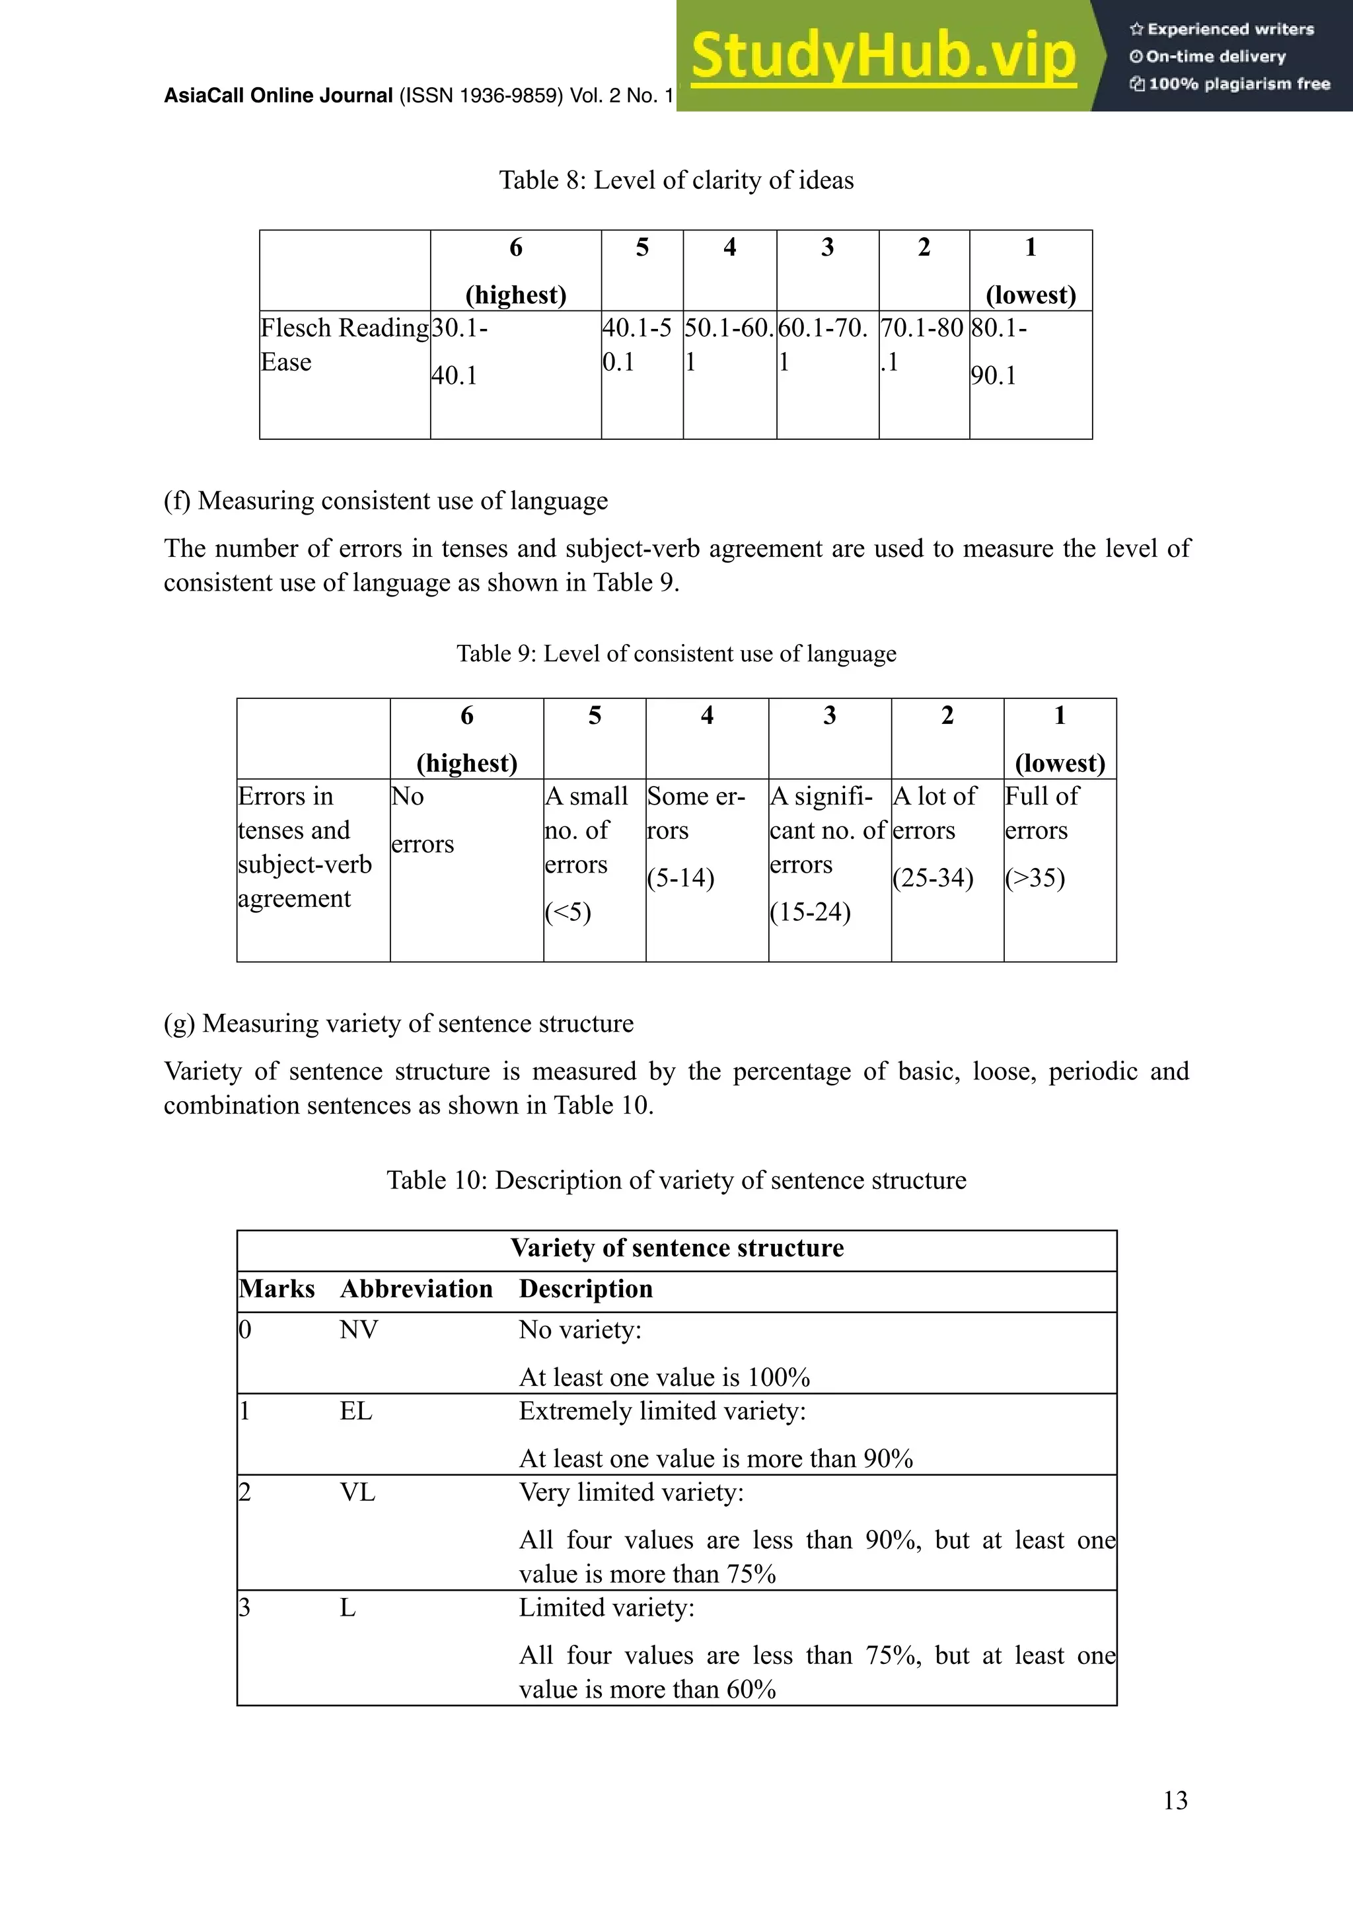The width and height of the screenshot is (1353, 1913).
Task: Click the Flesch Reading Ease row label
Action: (x=344, y=345)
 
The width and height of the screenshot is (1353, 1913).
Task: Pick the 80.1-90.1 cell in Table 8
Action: (x=998, y=351)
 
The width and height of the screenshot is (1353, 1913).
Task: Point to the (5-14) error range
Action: (x=680, y=878)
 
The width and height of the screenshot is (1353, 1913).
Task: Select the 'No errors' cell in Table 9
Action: (x=421, y=820)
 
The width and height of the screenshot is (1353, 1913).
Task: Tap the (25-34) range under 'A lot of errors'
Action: (x=932, y=878)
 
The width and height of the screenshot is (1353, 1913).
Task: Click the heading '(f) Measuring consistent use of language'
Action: (x=386, y=501)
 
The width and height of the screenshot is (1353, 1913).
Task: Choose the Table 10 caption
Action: (x=676, y=1180)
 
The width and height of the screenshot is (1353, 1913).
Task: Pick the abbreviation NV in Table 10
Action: (x=358, y=1330)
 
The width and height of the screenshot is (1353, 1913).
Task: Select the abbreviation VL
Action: (x=357, y=1492)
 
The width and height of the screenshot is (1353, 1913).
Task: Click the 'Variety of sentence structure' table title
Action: (x=676, y=1248)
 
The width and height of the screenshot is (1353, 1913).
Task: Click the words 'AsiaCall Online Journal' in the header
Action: (x=278, y=96)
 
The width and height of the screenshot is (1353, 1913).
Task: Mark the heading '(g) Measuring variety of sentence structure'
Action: (x=398, y=1023)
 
